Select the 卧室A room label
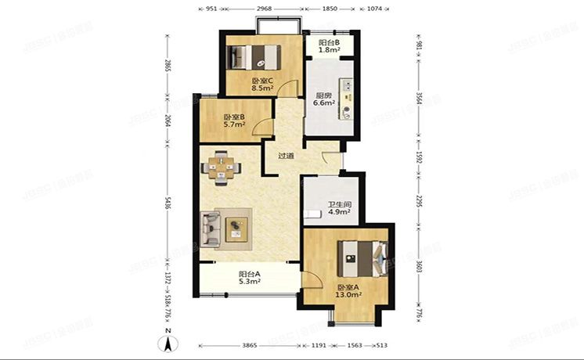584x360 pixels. coord(349,287)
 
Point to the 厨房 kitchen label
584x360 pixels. coord(324,96)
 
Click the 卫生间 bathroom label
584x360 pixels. coord(338,207)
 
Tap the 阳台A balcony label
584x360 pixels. coord(250,274)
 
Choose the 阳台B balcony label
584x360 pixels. coord(327,43)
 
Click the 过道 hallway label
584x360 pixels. coord(286,156)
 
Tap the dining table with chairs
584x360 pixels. coord(222,168)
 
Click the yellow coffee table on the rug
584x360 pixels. coord(236,228)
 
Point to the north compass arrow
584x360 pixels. coord(169,341)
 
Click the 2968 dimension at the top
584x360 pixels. coord(263,8)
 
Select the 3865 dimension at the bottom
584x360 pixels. coord(249,345)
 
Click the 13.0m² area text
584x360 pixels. coord(349,295)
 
